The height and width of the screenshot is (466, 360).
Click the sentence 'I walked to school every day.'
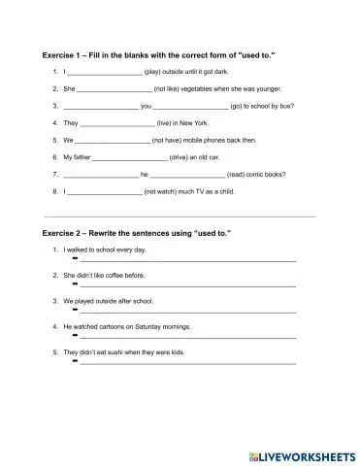point(105,250)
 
